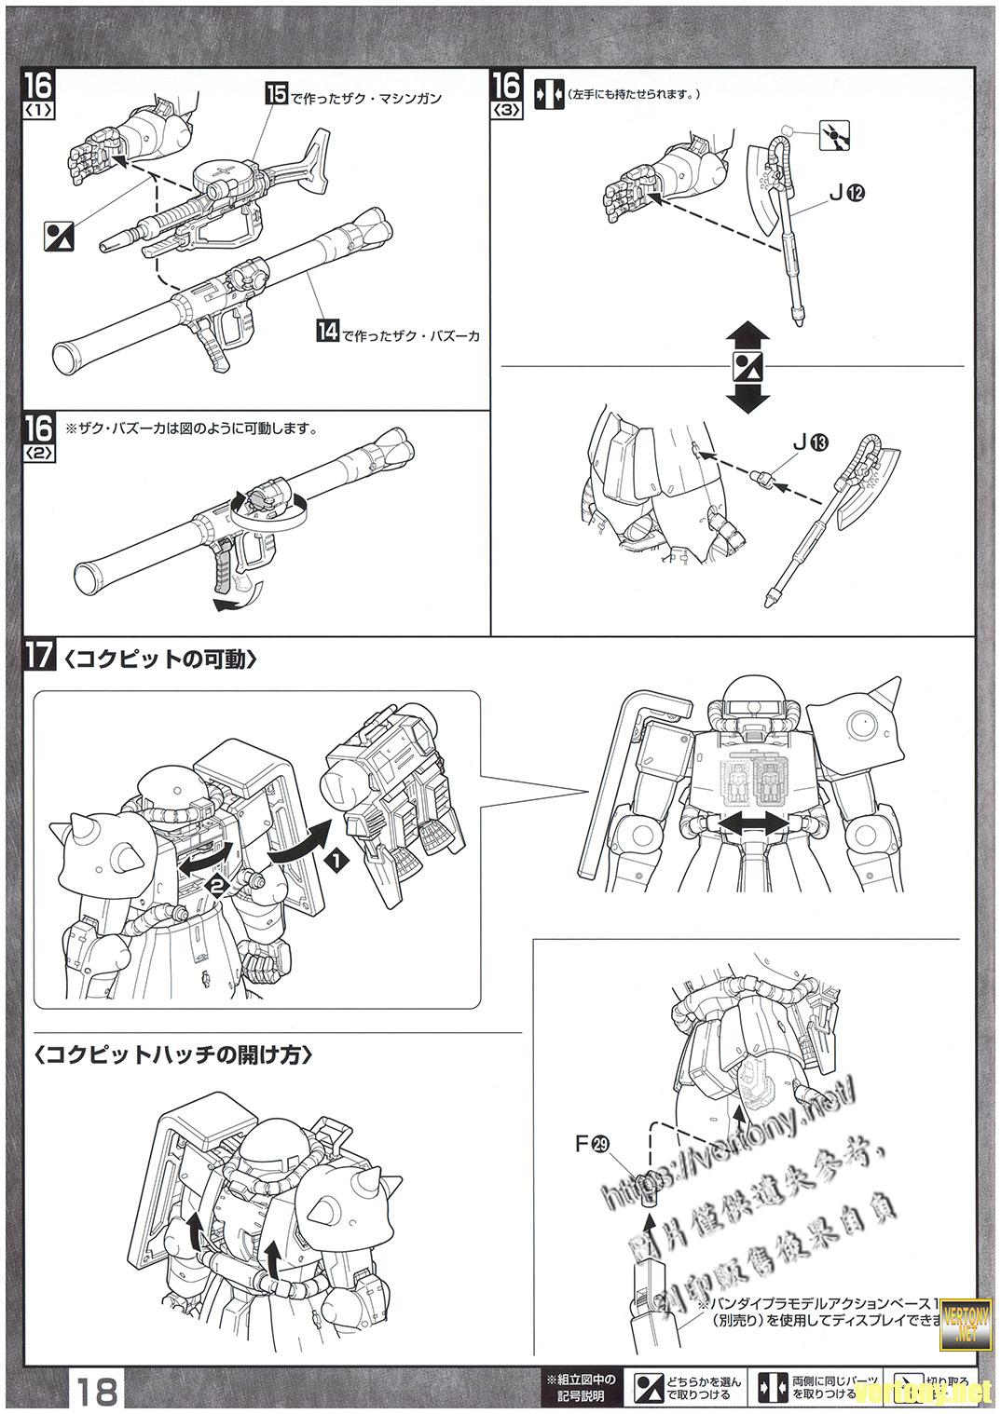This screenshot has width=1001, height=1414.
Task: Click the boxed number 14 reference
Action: coord(327,331)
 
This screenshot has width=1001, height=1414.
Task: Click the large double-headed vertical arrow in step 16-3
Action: coord(749,367)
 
